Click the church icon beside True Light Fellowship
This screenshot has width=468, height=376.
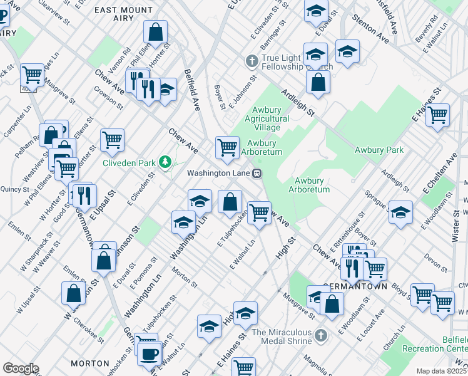pos(252,61)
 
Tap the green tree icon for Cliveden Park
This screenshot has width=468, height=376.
pos(165,162)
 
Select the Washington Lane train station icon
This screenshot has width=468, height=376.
pos(257,173)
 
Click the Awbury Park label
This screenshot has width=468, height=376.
pos(379,150)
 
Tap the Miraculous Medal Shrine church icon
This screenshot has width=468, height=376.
pos(321,335)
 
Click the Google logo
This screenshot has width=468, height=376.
pos(21,368)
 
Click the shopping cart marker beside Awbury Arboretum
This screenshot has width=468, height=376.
pos(226,147)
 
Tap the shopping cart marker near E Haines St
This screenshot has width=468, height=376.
pos(438,115)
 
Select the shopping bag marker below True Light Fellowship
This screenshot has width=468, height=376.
pos(318,81)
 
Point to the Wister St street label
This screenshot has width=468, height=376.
pos(455,225)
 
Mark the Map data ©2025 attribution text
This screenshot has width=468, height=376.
pos(440,371)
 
